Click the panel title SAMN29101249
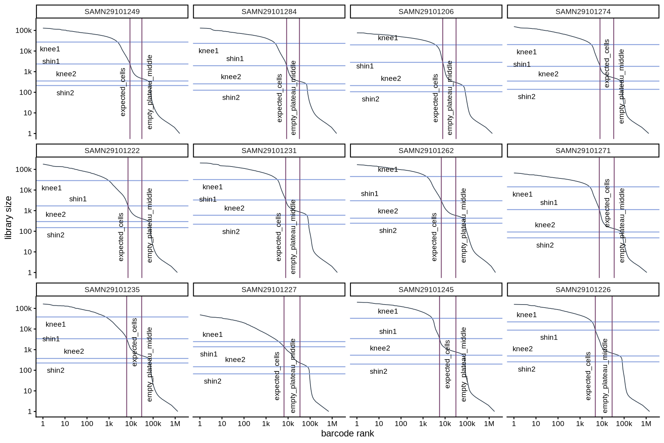point(112,12)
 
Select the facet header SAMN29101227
point(269,290)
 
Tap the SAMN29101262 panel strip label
point(426,151)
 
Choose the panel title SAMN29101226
point(583,290)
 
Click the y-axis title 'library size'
point(8,218)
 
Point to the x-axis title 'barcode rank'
point(347,434)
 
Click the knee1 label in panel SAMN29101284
point(209,51)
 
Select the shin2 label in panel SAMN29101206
point(370,99)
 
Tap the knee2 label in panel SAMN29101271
point(545,225)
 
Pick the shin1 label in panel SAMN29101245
point(388,331)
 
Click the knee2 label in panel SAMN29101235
point(74,351)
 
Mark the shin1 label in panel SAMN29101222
point(78,199)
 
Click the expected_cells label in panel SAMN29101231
point(279,237)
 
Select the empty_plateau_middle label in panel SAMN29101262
point(463,225)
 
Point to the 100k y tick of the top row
point(24,30)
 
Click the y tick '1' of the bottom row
point(29,411)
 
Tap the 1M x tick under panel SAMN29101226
point(646,424)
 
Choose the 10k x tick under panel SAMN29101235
point(131,424)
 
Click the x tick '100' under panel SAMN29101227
point(244,424)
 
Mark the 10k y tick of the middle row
point(25,190)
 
